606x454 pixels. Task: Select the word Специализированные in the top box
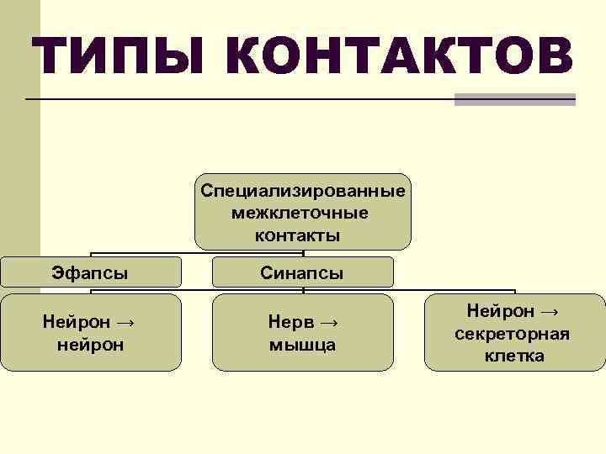303,191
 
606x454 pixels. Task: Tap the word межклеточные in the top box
303,213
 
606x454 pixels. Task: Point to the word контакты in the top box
303,235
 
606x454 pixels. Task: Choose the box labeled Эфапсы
90,272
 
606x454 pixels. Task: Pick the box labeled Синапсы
302,272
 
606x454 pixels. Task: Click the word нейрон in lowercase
90,344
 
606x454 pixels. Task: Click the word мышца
302,344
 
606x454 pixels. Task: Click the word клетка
513,356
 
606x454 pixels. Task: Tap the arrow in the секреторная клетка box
549,313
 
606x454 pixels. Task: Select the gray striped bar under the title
514,99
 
